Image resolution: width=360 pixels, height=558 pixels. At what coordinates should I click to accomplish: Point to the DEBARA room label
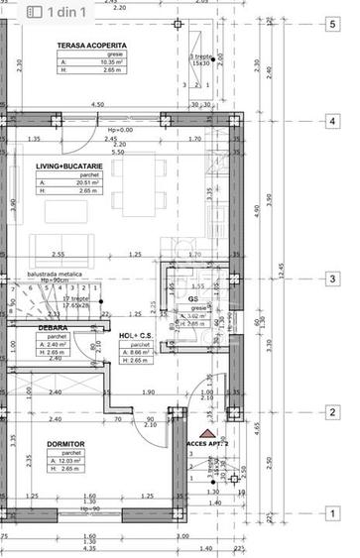[x=53, y=327]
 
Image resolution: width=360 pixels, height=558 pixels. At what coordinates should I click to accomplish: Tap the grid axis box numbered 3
[x=330, y=279]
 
